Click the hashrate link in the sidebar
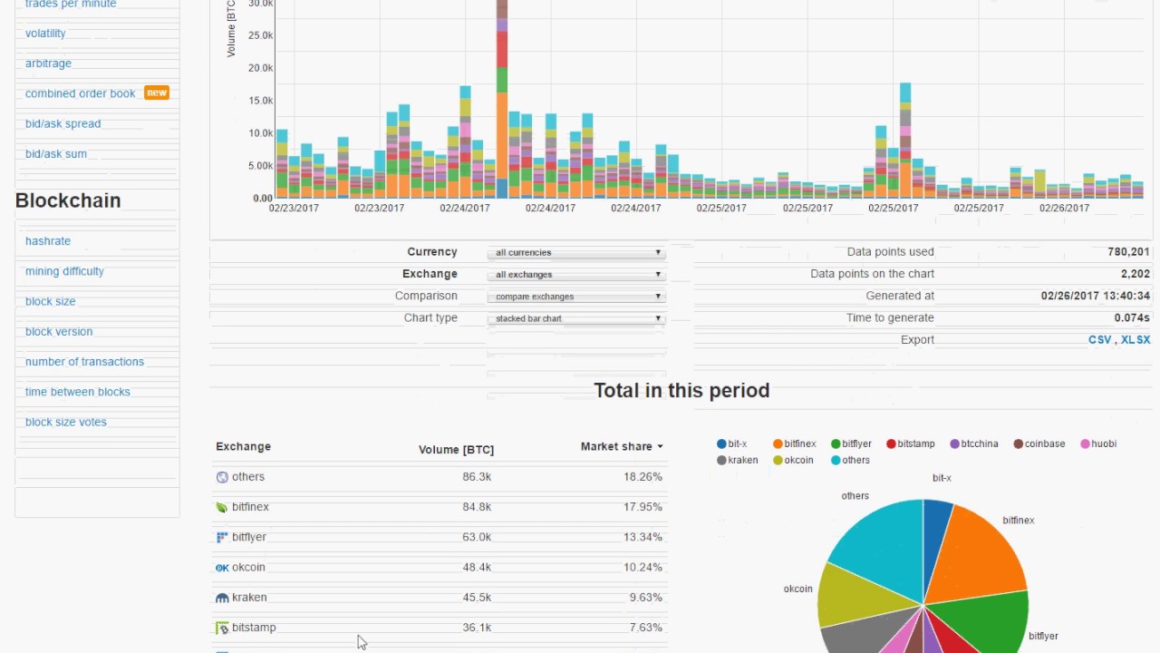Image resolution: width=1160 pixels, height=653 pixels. pos(48,241)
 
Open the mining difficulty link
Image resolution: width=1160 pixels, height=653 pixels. pos(64,271)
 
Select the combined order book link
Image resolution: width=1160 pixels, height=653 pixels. pos(80,93)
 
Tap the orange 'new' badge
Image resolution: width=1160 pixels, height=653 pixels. pos(157,93)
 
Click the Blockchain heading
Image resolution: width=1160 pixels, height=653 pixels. pos(68,200)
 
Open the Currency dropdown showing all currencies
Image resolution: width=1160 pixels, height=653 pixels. pos(576,253)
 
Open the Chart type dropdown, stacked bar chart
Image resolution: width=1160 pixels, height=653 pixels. pos(576,318)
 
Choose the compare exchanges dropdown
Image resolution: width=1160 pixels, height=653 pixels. pos(576,297)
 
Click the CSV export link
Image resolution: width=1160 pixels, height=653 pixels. pos(1099,340)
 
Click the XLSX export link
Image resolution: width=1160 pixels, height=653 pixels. pos(1136,340)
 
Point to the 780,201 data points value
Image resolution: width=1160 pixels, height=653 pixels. pos(1128,252)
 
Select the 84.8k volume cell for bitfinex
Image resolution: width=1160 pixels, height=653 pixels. pos(477,507)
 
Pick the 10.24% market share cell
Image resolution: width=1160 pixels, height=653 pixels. pos(643,568)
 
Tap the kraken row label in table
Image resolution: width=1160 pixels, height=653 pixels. pos(249,598)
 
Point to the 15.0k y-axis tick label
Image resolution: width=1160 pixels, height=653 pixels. pos(259,101)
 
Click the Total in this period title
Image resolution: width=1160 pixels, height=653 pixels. pos(681,391)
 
